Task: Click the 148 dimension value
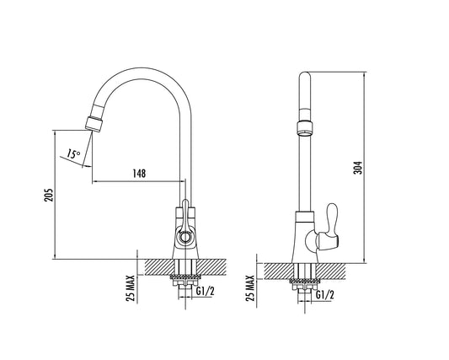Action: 139,174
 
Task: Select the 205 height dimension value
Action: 49,195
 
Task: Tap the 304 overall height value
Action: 358,168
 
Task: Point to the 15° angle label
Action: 73,153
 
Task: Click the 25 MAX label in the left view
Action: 131,288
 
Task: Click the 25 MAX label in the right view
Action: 250,288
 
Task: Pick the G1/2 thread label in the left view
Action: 206,291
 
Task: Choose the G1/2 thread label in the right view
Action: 325,294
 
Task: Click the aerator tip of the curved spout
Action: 94,124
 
